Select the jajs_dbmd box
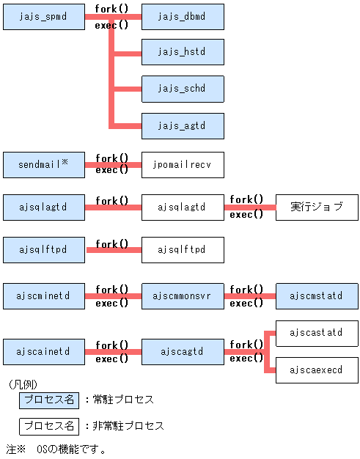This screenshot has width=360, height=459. [x=183, y=17]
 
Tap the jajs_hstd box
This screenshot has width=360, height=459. [x=183, y=53]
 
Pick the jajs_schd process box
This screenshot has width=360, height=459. [x=183, y=89]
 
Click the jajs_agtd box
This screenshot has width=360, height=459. [x=183, y=125]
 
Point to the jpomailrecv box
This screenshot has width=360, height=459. [x=183, y=165]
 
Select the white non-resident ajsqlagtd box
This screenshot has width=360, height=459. [x=183, y=208]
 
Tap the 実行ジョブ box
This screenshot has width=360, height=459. [x=317, y=208]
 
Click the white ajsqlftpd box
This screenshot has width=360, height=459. [x=183, y=250]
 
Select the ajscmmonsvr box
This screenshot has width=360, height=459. [x=183, y=296]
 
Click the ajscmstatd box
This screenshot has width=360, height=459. [x=317, y=296]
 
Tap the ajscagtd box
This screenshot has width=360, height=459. [x=183, y=352]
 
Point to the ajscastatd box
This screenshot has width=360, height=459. [x=317, y=333]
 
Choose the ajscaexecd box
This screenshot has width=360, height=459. [x=317, y=370]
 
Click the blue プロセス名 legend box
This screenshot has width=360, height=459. [x=48, y=400]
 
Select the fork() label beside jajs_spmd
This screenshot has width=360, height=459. [x=111, y=9]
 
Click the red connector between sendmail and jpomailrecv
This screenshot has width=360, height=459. [x=113, y=165]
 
